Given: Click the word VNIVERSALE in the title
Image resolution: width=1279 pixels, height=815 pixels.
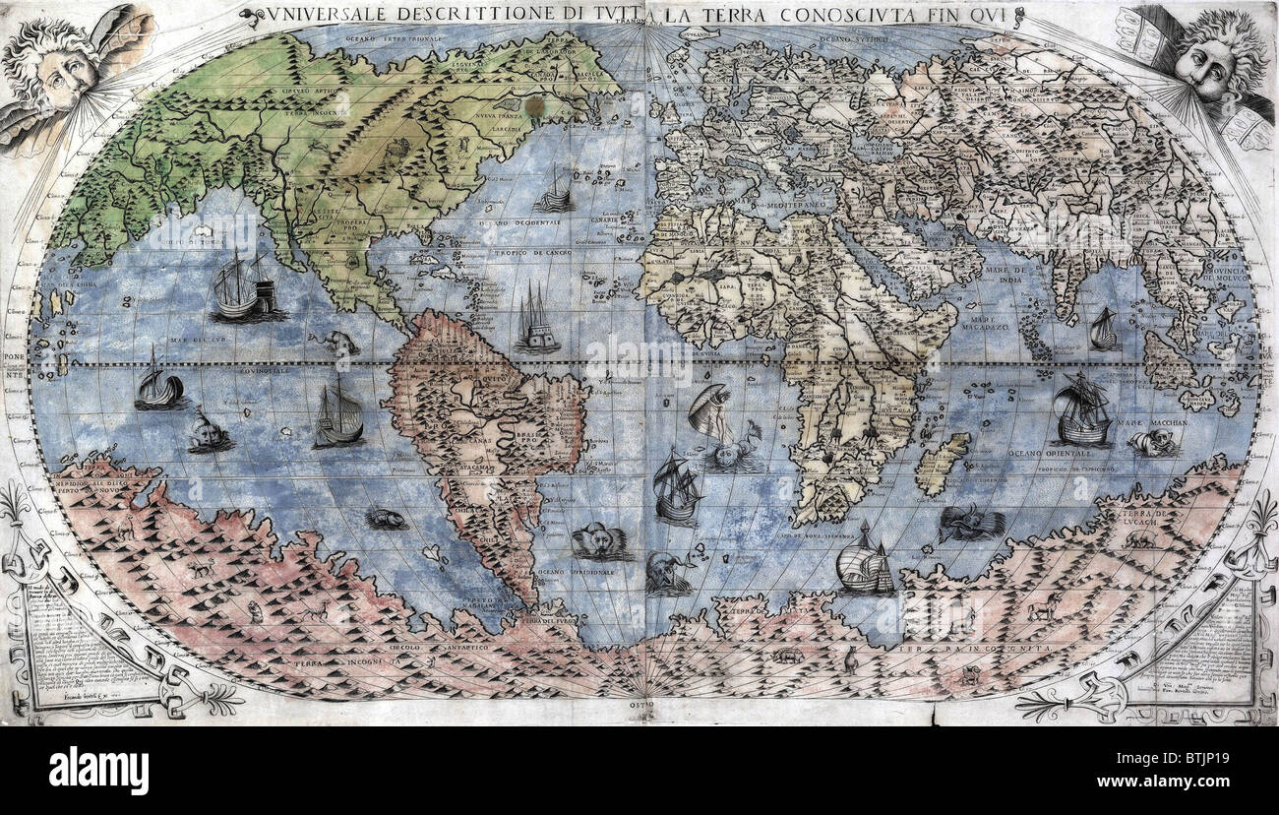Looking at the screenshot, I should [x=311, y=14].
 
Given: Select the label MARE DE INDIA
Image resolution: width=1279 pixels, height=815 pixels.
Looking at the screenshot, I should [x=1002, y=275].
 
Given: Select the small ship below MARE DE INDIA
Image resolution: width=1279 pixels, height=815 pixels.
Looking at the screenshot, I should [x=1103, y=329].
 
